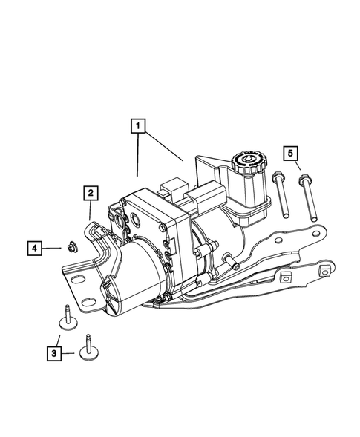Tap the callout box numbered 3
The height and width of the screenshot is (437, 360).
click(x=54, y=354)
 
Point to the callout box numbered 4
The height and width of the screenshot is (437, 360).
click(x=34, y=246)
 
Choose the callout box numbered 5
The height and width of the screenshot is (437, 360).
click(x=292, y=154)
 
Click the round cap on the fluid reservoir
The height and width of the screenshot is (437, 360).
click(x=245, y=160)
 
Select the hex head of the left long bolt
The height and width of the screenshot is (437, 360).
click(x=276, y=178)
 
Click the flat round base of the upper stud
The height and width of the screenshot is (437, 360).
click(x=66, y=323)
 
